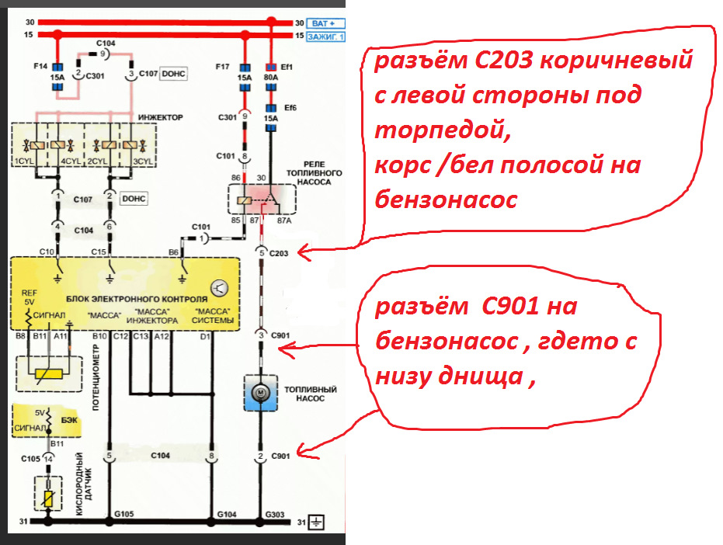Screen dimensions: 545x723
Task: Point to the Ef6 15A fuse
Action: tap(271, 118)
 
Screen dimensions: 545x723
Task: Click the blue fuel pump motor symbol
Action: tap(262, 395)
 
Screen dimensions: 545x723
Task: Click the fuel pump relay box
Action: tap(262, 200)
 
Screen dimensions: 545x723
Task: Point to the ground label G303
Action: tap(274, 514)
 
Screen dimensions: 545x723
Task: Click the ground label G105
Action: tap(123, 514)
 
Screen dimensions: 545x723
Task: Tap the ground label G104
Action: tap(226, 514)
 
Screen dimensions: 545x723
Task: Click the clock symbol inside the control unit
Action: tap(221, 289)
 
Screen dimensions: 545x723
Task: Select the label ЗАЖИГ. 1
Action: tap(327, 36)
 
